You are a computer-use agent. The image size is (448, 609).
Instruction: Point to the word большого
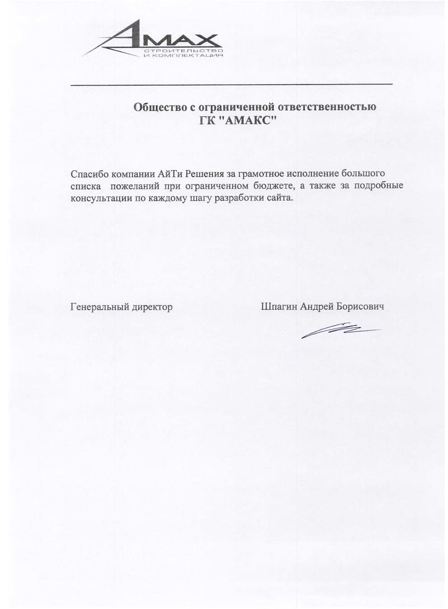pos(362,172)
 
